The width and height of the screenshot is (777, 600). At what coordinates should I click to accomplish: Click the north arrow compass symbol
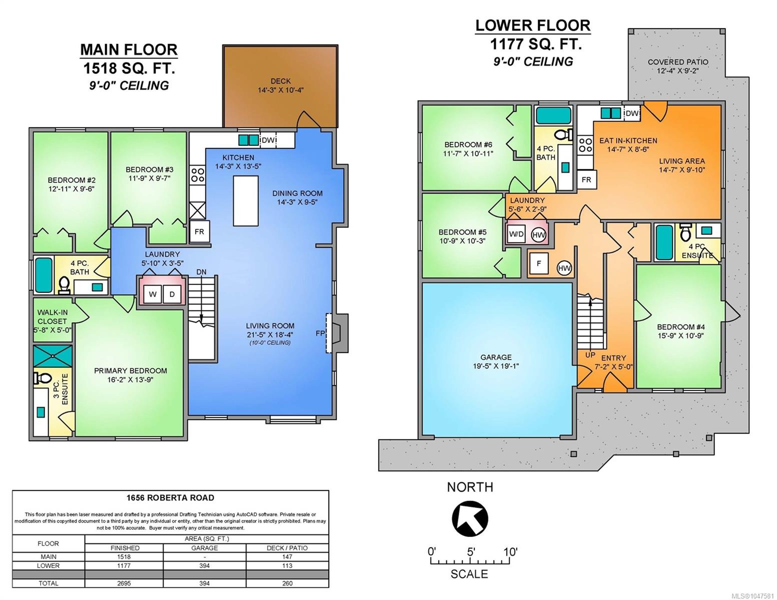[x=470, y=518]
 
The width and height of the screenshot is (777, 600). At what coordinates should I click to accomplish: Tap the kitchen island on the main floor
[x=246, y=201]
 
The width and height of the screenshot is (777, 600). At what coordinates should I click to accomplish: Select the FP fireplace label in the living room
[x=320, y=333]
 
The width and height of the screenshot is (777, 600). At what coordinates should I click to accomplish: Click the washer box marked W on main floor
[x=153, y=294]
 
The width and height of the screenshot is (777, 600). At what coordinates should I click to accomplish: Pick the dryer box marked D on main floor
[x=172, y=294]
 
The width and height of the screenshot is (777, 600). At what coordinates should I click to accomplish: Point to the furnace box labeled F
[x=539, y=263]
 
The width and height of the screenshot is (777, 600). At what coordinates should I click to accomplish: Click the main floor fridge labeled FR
[x=199, y=231]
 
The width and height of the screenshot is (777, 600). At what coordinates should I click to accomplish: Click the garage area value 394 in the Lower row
[x=205, y=565]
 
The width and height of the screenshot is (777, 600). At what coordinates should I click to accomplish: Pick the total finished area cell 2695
[x=125, y=583]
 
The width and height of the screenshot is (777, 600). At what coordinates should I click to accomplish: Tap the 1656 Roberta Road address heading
[x=170, y=497]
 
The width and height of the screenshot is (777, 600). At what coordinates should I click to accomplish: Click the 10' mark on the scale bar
[x=510, y=552]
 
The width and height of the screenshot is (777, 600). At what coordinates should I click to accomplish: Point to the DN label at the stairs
[x=201, y=271]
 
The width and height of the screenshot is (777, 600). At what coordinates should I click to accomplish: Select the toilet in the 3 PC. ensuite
[x=42, y=377]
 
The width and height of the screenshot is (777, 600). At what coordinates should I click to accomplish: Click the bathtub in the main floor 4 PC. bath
[x=44, y=275]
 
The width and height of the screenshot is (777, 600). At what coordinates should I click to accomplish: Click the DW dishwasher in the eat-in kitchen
[x=632, y=113]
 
